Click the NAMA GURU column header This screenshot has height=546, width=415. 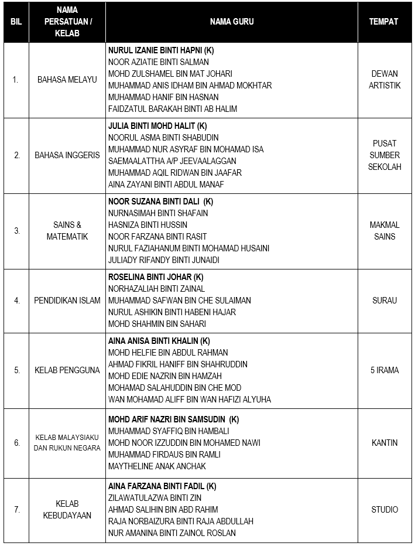pyautogui.click(x=232, y=22)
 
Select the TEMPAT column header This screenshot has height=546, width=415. pyautogui.click(x=384, y=22)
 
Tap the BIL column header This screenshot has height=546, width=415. pyautogui.click(x=16, y=22)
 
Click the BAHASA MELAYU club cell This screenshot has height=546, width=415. pyautogui.click(x=67, y=80)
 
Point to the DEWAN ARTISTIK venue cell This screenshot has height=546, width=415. pyautogui.click(x=384, y=80)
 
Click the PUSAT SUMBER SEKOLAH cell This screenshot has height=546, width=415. pyautogui.click(x=384, y=155)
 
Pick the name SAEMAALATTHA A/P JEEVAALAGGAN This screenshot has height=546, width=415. pyautogui.click(x=172, y=161)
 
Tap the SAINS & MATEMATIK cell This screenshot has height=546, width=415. pyautogui.click(x=67, y=231)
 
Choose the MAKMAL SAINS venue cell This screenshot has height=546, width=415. pyautogui.click(x=384, y=231)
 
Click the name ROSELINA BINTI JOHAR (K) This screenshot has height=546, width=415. pyautogui.click(x=156, y=277)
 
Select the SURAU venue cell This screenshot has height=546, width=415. pyautogui.click(x=384, y=301)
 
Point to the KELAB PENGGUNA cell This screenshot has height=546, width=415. pyautogui.click(x=67, y=370)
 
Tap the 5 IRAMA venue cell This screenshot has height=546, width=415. pyautogui.click(x=384, y=370)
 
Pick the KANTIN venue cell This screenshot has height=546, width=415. pyautogui.click(x=384, y=443)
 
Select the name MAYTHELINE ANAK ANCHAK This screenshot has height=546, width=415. pyautogui.click(x=157, y=466)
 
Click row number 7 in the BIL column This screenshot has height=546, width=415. pyautogui.click(x=16, y=510)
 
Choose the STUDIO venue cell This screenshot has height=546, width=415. pyautogui.click(x=384, y=510)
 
